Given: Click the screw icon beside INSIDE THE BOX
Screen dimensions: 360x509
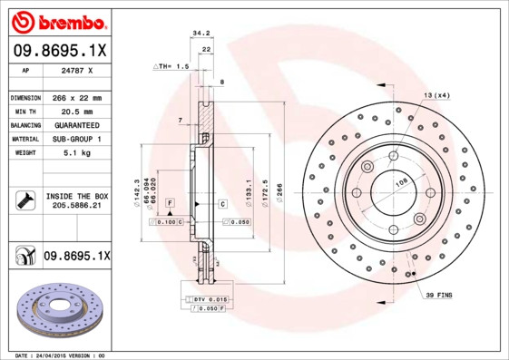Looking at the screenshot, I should pos(24,200).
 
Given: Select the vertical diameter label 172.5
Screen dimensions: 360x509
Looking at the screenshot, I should pos(264,191).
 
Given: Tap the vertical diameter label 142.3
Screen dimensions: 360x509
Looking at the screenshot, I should pos(136,191).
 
